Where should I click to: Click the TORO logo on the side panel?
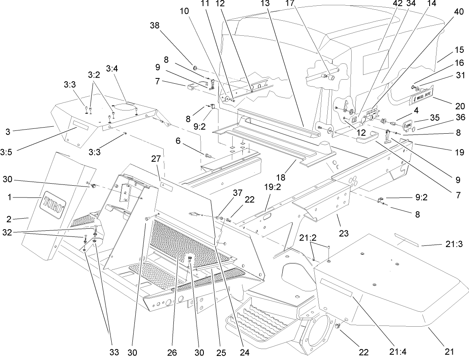click(53, 202)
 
